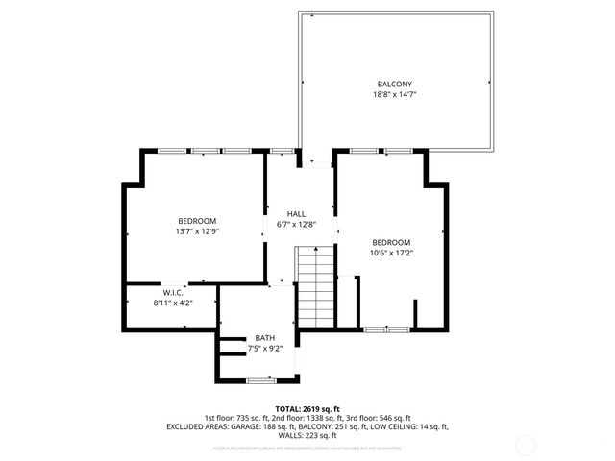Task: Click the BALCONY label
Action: tap(394, 84)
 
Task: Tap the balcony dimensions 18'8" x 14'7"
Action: tap(394, 94)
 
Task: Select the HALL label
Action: tap(297, 214)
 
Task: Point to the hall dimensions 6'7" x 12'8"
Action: tap(297, 225)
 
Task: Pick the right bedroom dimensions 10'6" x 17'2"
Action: tap(391, 253)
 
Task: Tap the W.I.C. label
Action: tap(173, 292)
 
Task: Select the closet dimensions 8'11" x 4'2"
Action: tap(173, 303)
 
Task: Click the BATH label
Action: tap(264, 338)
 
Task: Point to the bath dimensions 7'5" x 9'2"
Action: tap(264, 349)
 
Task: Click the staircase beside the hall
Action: tap(313, 285)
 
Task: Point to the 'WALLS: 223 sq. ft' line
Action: tap(307, 435)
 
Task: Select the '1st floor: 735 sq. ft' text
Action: tap(235, 418)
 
